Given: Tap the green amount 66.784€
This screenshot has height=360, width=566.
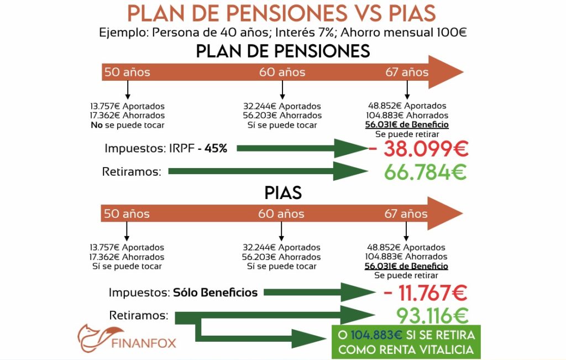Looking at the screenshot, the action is coord(426,172).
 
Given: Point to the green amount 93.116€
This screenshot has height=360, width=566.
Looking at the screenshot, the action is coord(432,316).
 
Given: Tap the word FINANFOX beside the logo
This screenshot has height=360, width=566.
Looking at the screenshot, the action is coord(144,343).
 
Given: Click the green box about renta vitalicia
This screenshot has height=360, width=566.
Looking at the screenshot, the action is coord(406,342).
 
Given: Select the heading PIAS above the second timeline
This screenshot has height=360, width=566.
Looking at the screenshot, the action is coord(282,192).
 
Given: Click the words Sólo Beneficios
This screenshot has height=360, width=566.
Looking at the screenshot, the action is coord(216,293).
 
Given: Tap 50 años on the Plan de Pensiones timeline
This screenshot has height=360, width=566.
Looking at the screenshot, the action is coord(127,72).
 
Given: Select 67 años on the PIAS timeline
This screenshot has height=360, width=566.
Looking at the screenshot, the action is coord(406,214).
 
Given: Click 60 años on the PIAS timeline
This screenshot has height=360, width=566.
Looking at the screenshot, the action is coord(281,214).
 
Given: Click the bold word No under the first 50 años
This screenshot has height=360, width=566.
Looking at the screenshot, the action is coord(96,125).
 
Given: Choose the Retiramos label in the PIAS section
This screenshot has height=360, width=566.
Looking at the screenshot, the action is coord(138,315).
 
